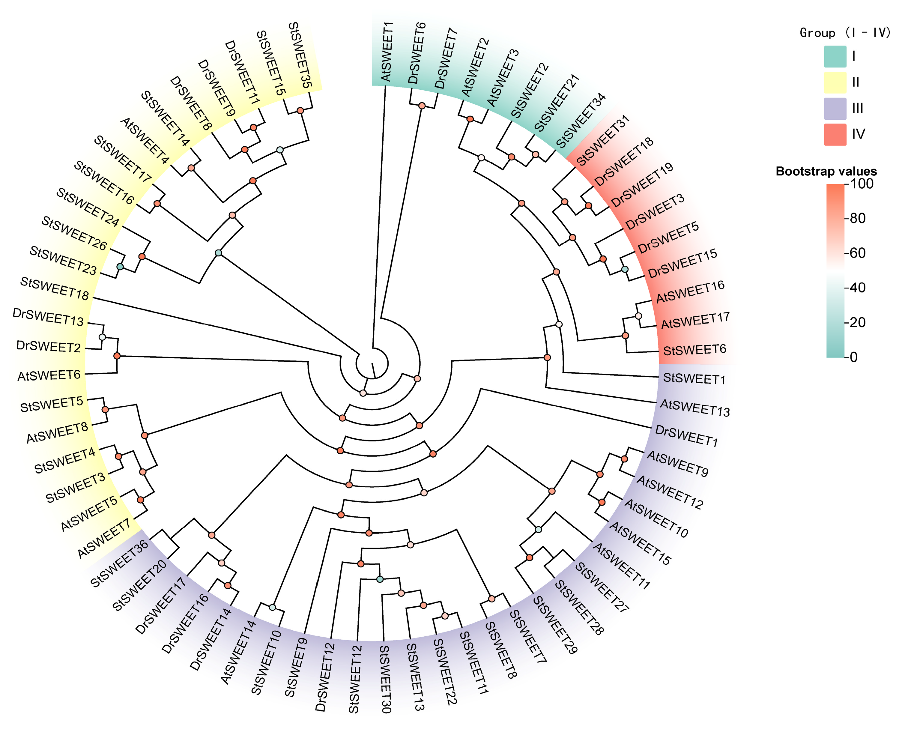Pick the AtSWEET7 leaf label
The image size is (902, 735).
[x=104, y=539]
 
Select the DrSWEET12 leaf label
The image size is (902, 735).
[x=325, y=676]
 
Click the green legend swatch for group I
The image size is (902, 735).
[x=835, y=56]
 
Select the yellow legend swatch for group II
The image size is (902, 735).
[x=835, y=82]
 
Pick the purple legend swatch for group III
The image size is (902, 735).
[x=835, y=108]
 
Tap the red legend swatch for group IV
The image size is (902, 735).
[x=835, y=134]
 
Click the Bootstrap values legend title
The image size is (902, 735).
[x=826, y=171]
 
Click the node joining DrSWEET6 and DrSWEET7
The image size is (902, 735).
[x=422, y=106]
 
